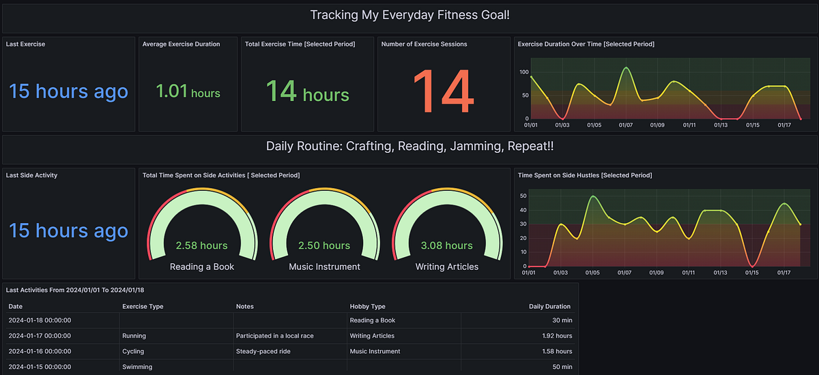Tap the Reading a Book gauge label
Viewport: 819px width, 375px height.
pos(201,267)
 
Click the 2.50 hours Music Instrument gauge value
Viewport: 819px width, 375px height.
pos(324,245)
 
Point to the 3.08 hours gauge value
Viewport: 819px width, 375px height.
pos(446,245)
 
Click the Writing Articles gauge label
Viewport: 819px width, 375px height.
pos(446,267)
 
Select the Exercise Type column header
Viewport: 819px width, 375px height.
pos(143,307)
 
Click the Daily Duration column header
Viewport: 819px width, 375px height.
pos(549,307)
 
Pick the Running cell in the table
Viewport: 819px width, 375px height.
pos(134,335)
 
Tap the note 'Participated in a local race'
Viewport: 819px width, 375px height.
pos(274,335)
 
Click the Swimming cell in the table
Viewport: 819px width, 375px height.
pos(137,367)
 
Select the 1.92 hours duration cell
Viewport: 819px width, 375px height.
pos(558,335)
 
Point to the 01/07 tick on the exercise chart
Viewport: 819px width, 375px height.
pos(626,125)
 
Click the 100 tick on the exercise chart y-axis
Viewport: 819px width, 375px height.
pos(525,72)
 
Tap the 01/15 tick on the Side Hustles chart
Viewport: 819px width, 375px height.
pos(752,273)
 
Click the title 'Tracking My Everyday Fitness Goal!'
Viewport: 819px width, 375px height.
pos(409,14)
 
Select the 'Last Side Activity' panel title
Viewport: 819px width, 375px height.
pos(32,175)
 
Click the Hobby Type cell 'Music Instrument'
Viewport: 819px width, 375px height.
pos(375,351)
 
